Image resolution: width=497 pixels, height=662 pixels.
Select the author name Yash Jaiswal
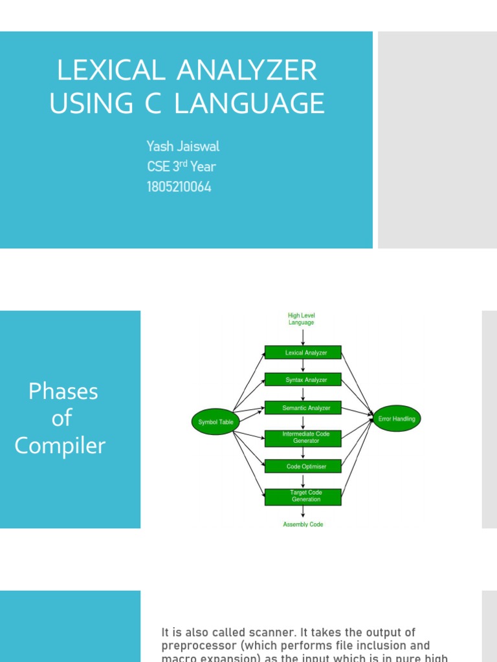[x=183, y=146]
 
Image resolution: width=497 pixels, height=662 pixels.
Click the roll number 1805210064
[x=179, y=187]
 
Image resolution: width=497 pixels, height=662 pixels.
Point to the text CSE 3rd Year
[x=181, y=167]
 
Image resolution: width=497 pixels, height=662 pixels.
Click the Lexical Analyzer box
[x=303, y=353]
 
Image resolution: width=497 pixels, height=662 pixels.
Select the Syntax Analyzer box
[x=303, y=380]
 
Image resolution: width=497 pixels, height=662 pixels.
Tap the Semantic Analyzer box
[x=303, y=408]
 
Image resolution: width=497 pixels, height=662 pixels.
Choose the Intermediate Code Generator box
[x=303, y=438]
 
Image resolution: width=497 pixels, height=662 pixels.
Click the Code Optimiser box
[x=303, y=466]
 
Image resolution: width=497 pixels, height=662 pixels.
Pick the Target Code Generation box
[x=303, y=496]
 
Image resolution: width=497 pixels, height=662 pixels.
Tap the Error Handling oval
[x=397, y=419]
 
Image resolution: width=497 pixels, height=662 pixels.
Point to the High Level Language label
[x=302, y=319]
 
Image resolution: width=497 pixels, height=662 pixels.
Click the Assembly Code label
[x=303, y=524]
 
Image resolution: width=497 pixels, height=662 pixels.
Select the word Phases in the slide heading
[x=63, y=391]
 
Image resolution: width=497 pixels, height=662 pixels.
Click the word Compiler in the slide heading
[x=60, y=445]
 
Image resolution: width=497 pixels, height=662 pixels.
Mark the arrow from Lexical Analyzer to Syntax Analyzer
[x=303, y=367]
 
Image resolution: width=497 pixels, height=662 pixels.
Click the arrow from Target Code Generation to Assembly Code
[x=303, y=511]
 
